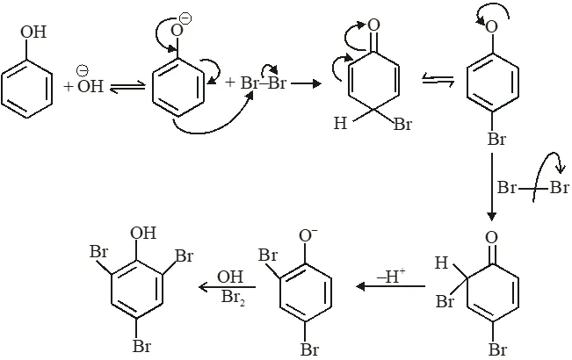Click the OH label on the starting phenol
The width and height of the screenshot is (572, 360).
(x=33, y=32)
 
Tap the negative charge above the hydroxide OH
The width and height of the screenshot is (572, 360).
(x=82, y=70)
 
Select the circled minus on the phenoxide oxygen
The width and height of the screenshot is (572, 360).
(x=185, y=18)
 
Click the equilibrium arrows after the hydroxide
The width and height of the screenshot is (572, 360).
(x=127, y=87)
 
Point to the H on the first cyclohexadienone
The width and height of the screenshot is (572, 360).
(x=340, y=123)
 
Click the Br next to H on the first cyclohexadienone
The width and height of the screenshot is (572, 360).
(x=403, y=125)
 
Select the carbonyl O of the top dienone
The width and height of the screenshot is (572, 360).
(x=374, y=25)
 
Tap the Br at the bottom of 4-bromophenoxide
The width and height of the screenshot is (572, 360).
(x=496, y=140)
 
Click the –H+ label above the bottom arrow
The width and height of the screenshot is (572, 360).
(x=391, y=276)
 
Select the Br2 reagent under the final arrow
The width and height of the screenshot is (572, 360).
(x=233, y=298)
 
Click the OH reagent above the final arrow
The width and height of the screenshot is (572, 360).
(x=230, y=277)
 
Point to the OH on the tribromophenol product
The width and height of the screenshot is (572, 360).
(x=143, y=233)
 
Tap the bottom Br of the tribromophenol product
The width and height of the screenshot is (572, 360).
(x=141, y=346)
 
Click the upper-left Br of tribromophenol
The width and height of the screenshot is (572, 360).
(x=99, y=252)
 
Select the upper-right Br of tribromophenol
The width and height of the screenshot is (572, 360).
(x=184, y=256)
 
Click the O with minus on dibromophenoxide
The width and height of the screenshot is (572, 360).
(x=308, y=235)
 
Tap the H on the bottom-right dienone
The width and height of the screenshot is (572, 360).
(x=441, y=263)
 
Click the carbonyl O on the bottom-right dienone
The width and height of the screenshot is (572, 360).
(x=492, y=238)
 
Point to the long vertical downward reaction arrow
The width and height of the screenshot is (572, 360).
(x=491, y=186)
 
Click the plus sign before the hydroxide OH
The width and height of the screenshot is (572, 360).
(x=69, y=87)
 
